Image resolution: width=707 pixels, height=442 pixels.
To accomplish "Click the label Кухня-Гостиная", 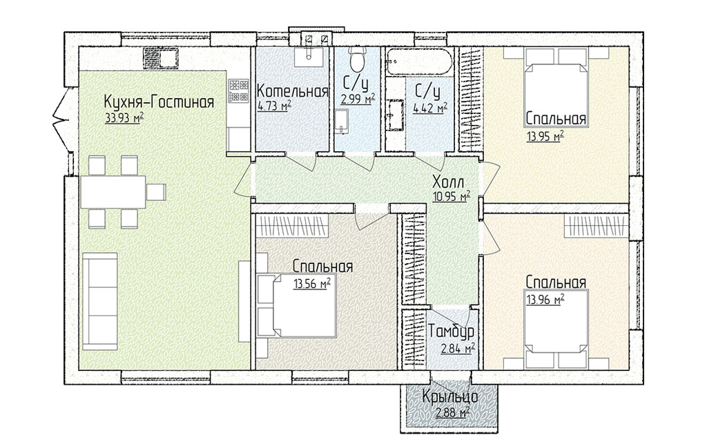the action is tap(158, 102).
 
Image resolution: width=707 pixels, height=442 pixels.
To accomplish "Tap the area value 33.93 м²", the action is tap(124, 118).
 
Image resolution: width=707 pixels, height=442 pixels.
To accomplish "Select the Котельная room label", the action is tap(292, 92).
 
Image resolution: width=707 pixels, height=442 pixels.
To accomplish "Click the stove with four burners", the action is tap(239, 90).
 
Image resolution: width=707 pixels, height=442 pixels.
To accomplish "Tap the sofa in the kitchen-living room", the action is tap(99, 301).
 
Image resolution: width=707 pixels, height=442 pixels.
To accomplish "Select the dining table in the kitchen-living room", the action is tap(113, 192).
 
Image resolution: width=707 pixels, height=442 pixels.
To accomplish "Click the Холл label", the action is tap(448, 183).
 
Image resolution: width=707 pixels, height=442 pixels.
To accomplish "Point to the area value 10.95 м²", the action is tap(452, 197).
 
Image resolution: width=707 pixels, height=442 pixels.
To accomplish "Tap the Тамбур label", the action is tap(451, 332).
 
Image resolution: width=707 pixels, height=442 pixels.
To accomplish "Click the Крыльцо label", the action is tap(450, 398).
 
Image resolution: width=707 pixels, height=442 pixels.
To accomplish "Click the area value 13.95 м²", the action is tap(545, 136).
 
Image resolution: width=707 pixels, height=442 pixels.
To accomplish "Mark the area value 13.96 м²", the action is tap(545, 299).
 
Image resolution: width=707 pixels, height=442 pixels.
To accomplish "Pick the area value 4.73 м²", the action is tap(275, 106).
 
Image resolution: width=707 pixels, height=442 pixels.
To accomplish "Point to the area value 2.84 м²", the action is tap(458, 349).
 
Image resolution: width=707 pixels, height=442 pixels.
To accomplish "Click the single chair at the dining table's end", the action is tap(157, 192).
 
